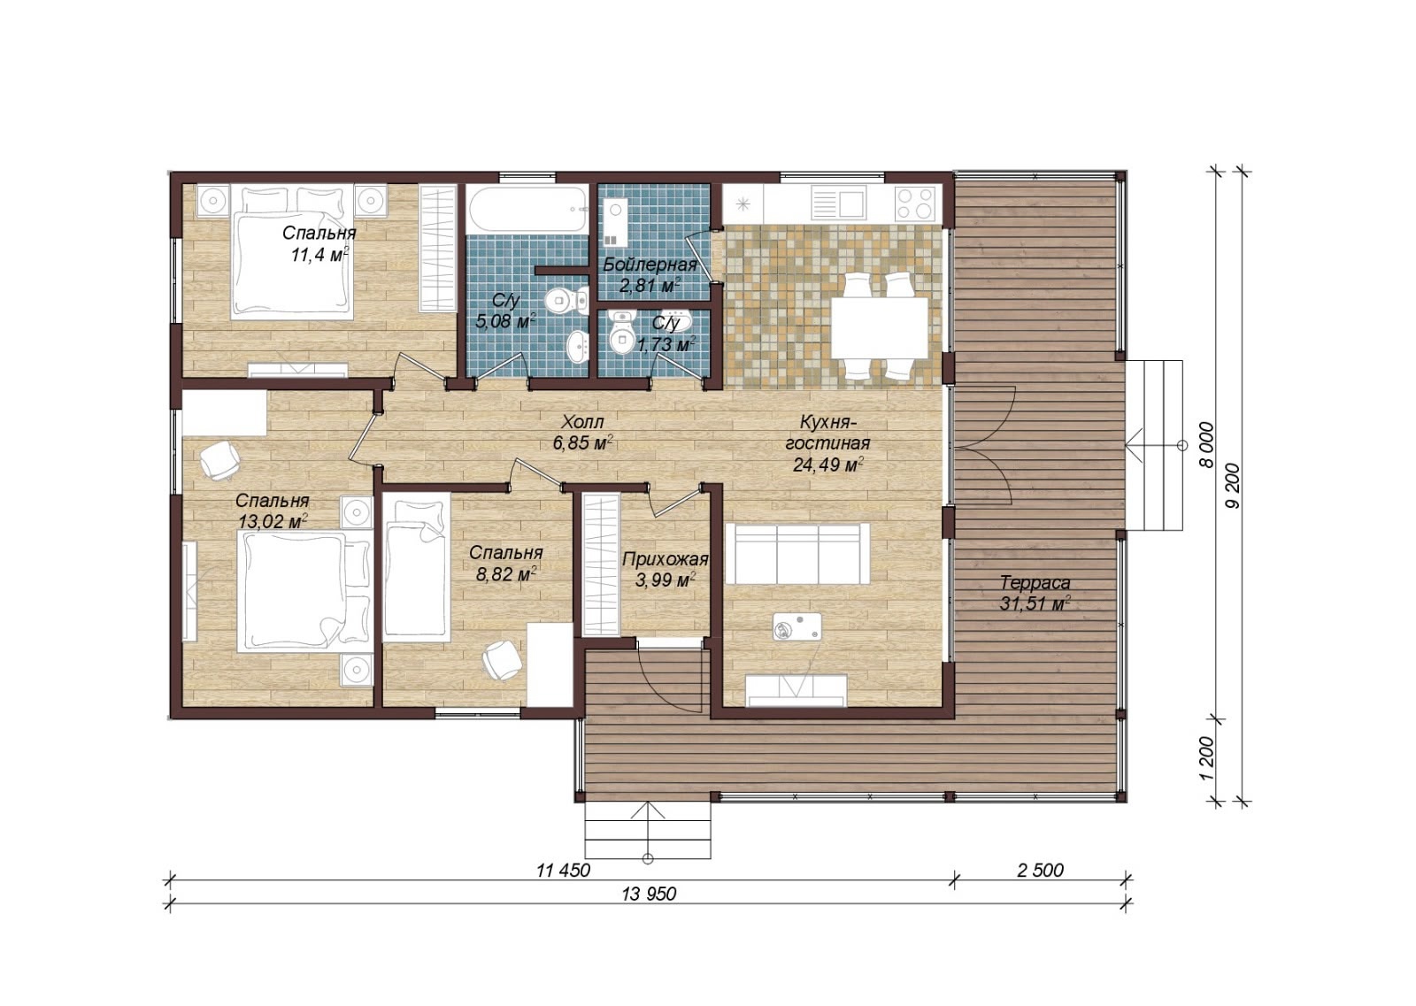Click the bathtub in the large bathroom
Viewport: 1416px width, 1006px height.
527,209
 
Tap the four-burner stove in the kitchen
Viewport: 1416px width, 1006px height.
916,203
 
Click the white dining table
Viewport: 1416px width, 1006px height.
880,327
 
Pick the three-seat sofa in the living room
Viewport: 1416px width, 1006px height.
797,554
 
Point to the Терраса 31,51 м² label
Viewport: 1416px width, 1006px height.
1035,593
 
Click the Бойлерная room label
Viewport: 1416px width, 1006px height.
650,265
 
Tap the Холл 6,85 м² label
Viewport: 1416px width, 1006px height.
583,433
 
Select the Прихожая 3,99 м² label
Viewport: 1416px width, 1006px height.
665,569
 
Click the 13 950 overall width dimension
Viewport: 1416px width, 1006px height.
650,894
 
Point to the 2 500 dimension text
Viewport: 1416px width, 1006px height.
1041,870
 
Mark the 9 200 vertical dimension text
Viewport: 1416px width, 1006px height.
1232,486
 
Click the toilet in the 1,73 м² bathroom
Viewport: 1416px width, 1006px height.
622,334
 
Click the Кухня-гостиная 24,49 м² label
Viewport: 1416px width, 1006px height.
827,443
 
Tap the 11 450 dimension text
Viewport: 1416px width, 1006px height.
563,870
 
